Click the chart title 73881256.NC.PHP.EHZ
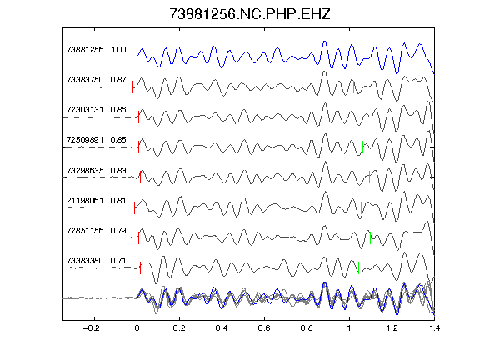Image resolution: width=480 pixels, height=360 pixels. tap(250, 14)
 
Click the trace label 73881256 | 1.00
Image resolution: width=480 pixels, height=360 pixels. tap(96, 50)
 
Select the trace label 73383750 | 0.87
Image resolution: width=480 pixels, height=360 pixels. tap(96, 80)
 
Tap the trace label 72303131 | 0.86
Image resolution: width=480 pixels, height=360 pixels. tap(96, 110)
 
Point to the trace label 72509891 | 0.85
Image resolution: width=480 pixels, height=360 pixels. tap(96, 140)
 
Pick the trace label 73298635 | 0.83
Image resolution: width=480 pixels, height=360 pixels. tap(96, 170)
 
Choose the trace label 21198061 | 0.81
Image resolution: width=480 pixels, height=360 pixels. tap(96, 201)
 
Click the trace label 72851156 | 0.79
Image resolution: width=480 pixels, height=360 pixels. tap(96, 230)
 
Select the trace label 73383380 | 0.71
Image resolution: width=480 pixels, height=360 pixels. tap(96, 261)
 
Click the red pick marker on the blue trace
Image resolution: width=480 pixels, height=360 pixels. tap(137, 57)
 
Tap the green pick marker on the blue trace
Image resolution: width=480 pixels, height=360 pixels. tap(362, 57)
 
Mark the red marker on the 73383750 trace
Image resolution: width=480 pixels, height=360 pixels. tap(132, 87)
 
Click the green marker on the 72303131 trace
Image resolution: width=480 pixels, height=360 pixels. tap(347, 117)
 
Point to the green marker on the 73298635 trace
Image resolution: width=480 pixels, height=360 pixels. tap(369, 177)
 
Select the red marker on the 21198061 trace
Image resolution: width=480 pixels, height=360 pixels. tap(134, 207)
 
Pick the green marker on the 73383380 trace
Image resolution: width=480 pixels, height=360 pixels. tap(359, 267)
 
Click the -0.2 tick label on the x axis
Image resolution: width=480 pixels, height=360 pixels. tap(91, 328)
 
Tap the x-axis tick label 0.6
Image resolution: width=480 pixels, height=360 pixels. tap(264, 328)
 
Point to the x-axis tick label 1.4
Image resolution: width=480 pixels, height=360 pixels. tap(434, 328)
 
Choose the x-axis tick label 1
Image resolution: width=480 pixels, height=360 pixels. tap(349, 328)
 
